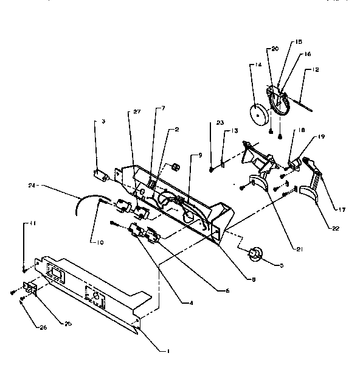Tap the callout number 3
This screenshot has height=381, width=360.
[103, 122]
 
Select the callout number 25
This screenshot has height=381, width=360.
[68, 323]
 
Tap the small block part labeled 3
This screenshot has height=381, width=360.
[100, 175]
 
